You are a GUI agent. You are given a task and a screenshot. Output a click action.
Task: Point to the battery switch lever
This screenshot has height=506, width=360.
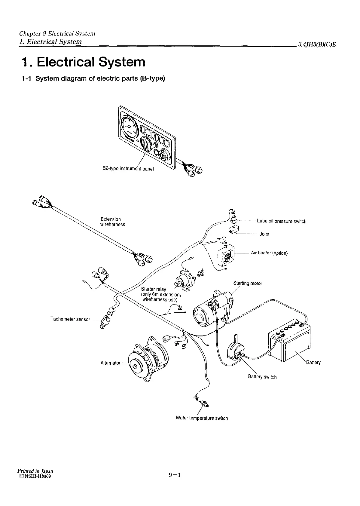tap(236, 340)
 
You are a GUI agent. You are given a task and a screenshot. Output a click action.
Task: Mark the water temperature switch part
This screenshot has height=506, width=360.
tap(205, 403)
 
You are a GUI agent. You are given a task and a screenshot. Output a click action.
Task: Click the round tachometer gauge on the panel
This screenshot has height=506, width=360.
tap(128, 127)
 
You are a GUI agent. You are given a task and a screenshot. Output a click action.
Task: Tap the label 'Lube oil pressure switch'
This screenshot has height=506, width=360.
tap(282, 222)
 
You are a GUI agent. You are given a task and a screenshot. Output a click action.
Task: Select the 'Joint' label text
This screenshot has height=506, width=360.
tap(264, 234)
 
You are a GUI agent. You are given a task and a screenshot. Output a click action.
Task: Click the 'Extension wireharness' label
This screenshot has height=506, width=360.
tap(112, 222)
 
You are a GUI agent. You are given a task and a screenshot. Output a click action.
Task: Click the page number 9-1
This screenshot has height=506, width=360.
tap(175, 483)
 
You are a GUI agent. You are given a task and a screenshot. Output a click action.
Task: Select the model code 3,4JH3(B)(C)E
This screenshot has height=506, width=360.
tap(317, 45)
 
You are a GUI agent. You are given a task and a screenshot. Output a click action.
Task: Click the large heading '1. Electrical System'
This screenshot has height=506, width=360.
tap(83, 62)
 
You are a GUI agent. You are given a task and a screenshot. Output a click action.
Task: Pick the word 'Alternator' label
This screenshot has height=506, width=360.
tap(110, 363)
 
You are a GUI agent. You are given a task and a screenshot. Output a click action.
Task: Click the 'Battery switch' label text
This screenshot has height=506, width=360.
tap(262, 377)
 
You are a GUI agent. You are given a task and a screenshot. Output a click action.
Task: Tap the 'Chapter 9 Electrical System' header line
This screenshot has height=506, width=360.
tap(57, 33)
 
